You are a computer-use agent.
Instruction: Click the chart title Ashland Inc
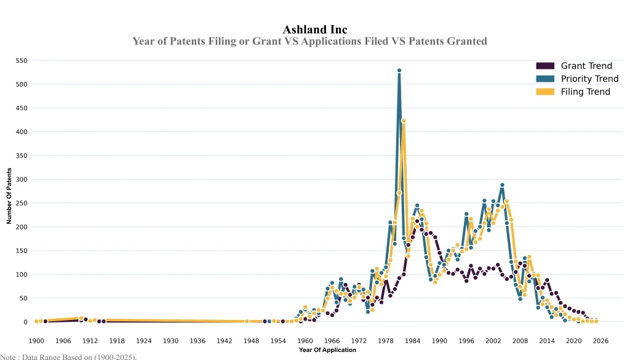point(314,30)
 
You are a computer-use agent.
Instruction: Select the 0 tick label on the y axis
point(25,322)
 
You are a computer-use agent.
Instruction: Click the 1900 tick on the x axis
point(36,340)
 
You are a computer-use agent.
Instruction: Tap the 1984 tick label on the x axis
point(413,340)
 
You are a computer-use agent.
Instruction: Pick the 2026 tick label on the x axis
point(600,340)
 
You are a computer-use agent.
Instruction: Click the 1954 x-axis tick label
point(278,340)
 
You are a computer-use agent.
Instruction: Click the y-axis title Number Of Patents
point(9,196)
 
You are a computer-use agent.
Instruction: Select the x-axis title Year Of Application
point(327,350)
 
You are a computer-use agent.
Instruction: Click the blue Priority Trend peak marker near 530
point(399,71)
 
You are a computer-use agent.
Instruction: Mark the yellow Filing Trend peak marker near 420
point(404,121)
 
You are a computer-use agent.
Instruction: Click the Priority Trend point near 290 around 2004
point(502,185)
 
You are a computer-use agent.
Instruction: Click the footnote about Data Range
point(68,356)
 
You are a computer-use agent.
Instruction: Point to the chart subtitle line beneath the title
point(309,41)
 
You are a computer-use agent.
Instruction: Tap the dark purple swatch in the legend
point(545,66)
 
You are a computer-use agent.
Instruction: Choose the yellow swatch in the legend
point(545,92)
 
